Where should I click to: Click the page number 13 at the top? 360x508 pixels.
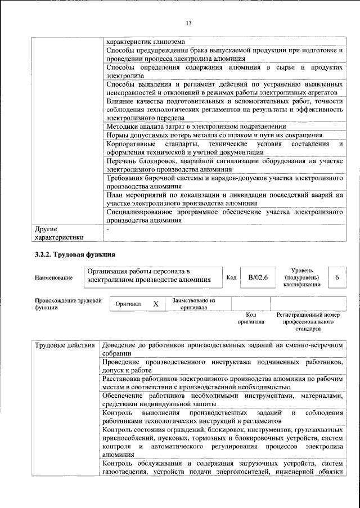[x=188, y=23]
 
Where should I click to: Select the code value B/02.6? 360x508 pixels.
[x=258, y=277]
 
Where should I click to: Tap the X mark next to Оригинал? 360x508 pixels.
[x=156, y=304]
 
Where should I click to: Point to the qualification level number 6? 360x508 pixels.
[x=336, y=277]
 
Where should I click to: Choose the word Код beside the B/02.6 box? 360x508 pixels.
[x=231, y=277]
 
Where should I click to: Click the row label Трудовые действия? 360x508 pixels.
[x=64, y=344]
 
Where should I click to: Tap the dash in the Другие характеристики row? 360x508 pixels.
[x=108, y=230]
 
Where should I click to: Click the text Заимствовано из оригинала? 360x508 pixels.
[x=194, y=304]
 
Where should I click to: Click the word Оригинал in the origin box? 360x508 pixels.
[x=128, y=304]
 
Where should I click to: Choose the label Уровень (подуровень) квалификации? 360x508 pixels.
[x=303, y=277]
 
